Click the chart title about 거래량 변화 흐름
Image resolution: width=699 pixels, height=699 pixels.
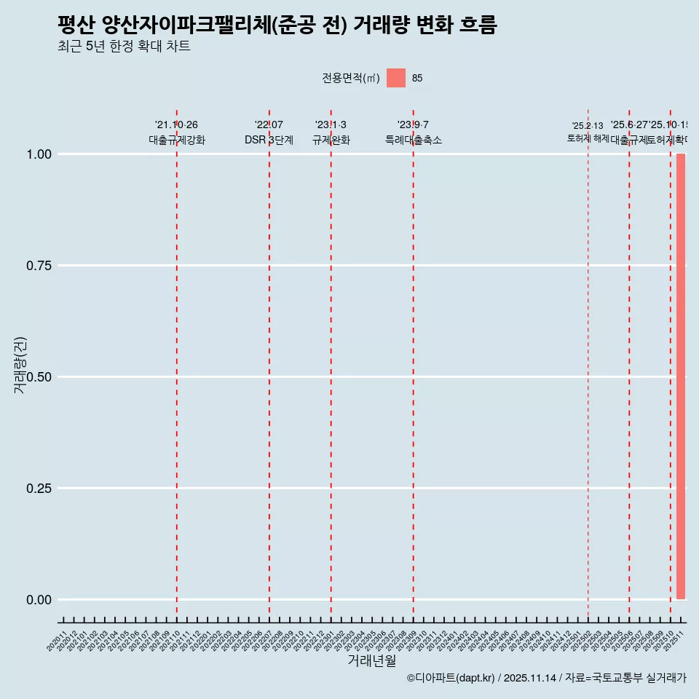(x=277, y=25)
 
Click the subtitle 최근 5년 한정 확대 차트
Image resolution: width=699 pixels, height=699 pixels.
(x=124, y=47)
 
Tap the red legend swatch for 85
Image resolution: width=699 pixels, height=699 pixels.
(x=395, y=78)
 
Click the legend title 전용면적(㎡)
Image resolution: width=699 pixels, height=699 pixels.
(x=351, y=79)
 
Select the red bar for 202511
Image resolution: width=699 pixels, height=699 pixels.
(x=681, y=376)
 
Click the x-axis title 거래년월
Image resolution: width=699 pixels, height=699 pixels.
(x=371, y=661)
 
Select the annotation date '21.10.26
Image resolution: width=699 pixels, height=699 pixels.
(x=176, y=125)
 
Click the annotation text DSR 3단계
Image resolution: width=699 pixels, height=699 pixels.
(x=269, y=141)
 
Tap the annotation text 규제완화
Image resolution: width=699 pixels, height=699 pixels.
(x=331, y=141)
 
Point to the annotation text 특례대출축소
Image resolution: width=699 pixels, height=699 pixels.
(x=414, y=141)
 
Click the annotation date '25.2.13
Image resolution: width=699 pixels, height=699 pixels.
(x=588, y=126)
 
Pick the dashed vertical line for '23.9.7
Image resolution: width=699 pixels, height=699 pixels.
(x=414, y=364)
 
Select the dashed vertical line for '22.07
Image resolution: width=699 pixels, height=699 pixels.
(x=269, y=364)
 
